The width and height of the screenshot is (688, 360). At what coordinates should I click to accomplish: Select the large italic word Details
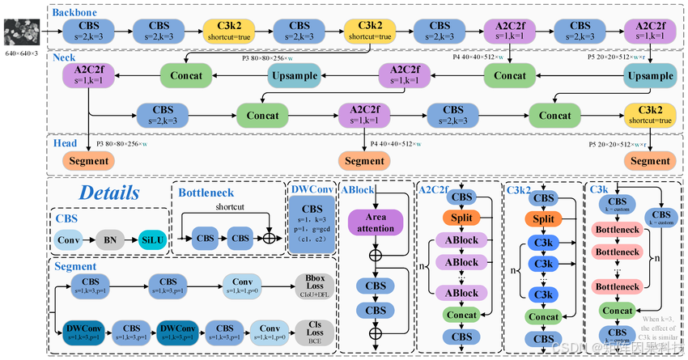[x=108, y=193]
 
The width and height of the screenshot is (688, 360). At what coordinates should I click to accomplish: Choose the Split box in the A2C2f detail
[x=462, y=218]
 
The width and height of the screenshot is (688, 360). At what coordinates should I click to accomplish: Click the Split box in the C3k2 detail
[x=544, y=218]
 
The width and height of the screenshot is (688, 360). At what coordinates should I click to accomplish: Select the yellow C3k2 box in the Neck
[x=650, y=115]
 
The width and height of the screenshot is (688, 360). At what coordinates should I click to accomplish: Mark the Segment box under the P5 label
[x=650, y=160]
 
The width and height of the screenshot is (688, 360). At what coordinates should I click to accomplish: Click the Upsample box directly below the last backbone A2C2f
[x=650, y=75]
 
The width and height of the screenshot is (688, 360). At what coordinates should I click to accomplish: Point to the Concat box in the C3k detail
[x=617, y=311]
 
